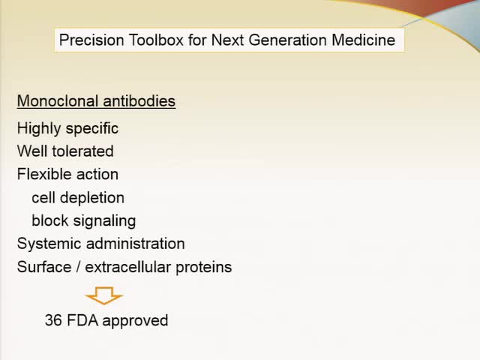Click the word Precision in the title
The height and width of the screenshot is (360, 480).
coord(89,40)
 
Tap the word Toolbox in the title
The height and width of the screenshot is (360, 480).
coord(151,40)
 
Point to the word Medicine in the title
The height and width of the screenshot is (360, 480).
coord(363,40)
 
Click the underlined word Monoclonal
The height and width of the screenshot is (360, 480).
coord(53,100)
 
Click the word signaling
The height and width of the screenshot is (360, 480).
coord(104,220)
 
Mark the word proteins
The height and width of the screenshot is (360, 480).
coord(204,267)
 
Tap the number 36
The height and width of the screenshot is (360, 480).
coord(53,320)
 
